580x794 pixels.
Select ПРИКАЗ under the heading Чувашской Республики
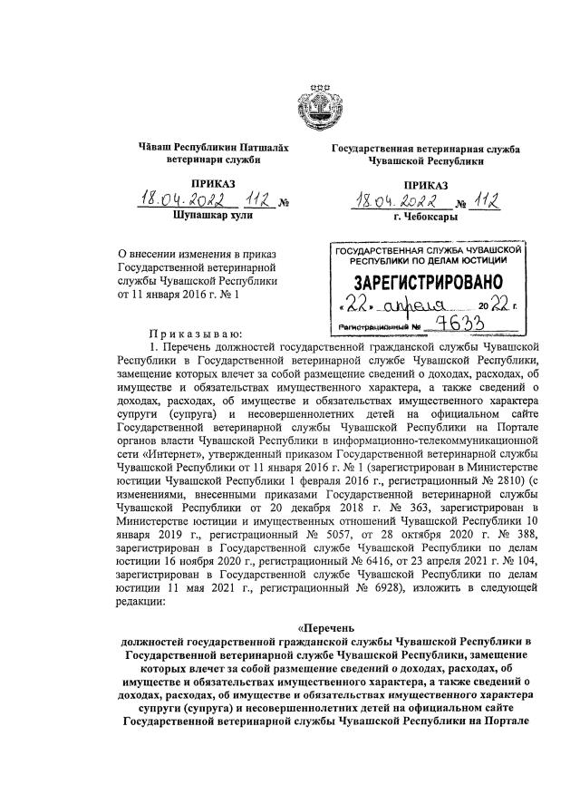tap(408, 184)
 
